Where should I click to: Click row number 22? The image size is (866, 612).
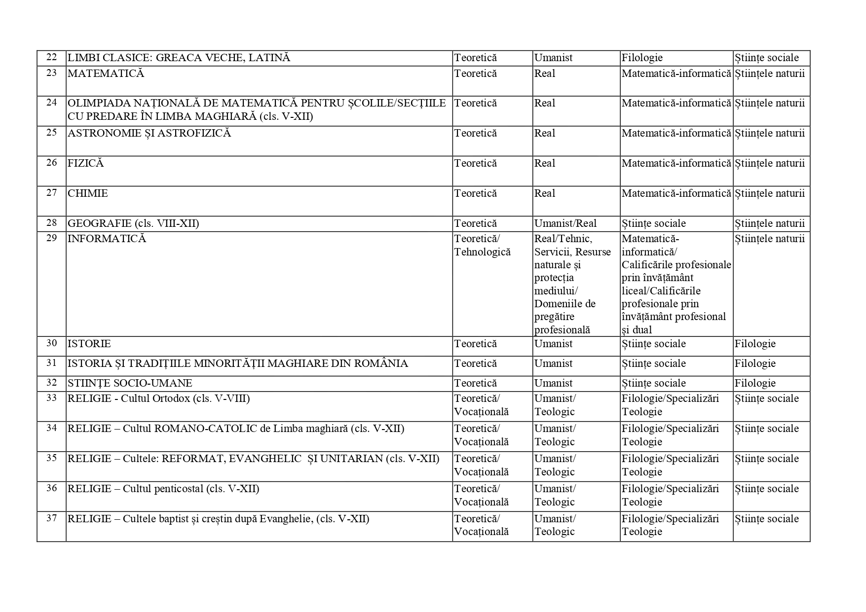pos(51,57)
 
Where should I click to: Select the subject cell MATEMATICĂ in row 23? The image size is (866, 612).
pos(106,73)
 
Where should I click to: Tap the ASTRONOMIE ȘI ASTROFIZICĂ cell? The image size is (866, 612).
pos(149,133)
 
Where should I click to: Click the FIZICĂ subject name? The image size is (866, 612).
pos(85,163)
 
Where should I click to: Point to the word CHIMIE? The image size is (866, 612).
pos(88,193)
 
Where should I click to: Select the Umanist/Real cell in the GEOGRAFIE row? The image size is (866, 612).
pos(565,223)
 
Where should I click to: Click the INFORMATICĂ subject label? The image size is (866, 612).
pos(107,239)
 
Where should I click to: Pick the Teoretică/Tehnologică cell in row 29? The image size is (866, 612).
pos(482,245)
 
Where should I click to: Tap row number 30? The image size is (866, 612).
pos(51,343)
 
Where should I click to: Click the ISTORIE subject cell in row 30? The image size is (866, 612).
pos(89,344)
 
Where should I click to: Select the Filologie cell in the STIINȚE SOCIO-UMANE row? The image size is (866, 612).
pos(754,383)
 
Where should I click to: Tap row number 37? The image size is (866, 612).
pos(51,518)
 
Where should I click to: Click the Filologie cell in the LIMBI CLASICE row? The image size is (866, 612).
pos(641,58)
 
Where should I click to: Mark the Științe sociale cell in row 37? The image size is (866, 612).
pos(766,519)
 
